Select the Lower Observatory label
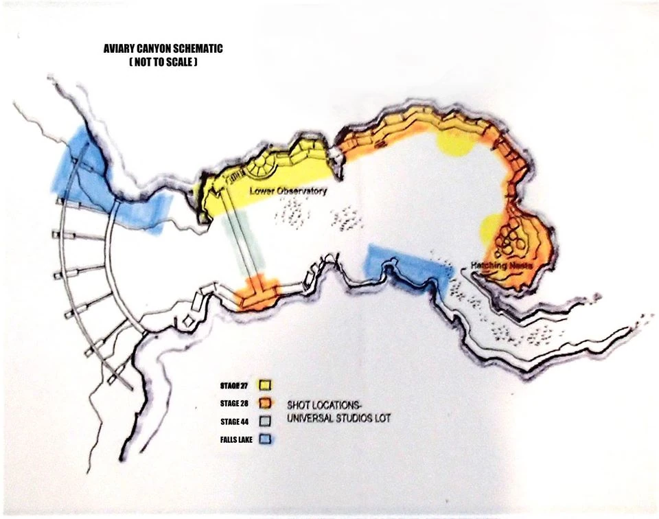point(288,192)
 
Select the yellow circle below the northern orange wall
point(454,142)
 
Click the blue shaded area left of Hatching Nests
point(406,267)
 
